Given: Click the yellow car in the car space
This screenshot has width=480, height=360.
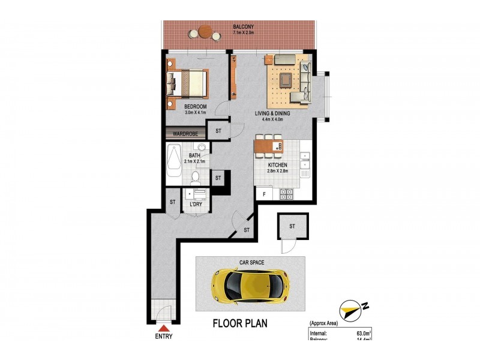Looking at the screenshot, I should [249, 284].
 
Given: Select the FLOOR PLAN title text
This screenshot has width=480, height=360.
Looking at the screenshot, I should [240, 323].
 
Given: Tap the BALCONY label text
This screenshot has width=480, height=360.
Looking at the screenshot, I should [245, 26].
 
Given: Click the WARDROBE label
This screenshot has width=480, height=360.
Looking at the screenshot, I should [185, 134].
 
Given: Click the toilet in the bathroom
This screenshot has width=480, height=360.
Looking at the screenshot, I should [196, 175].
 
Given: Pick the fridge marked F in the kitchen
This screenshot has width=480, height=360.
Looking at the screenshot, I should [263, 194].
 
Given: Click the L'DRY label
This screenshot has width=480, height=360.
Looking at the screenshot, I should [196, 205].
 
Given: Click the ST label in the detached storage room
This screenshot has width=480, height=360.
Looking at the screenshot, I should [292, 226].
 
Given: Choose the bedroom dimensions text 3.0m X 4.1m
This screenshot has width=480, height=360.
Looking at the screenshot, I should [195, 112].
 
